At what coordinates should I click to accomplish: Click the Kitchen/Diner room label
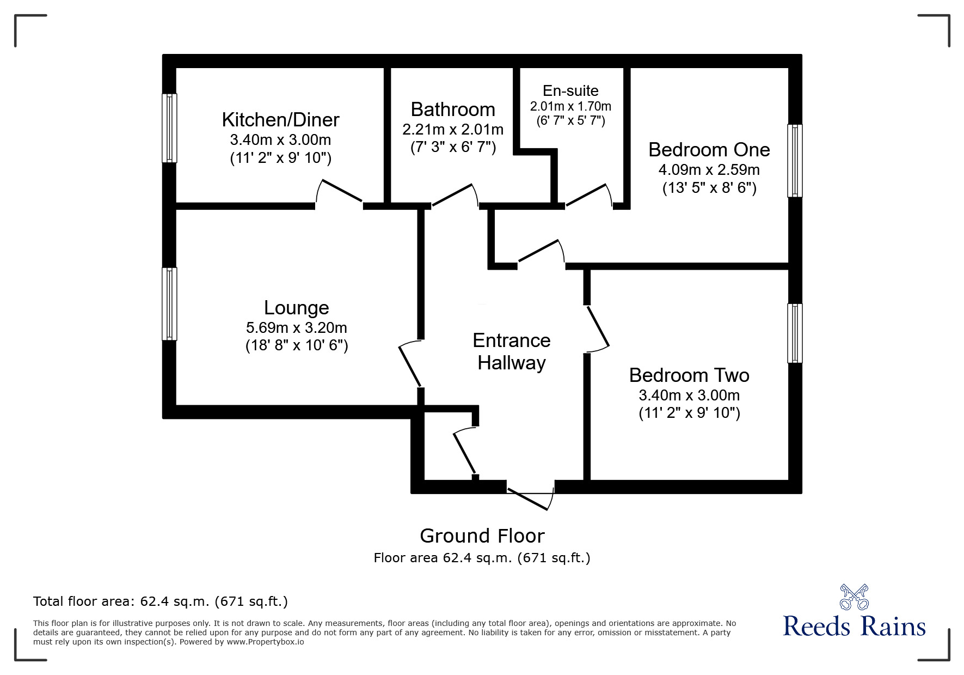click(x=280, y=120)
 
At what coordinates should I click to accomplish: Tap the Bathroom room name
click(x=453, y=110)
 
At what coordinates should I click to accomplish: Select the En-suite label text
click(x=570, y=91)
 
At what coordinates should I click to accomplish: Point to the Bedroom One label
click(x=709, y=149)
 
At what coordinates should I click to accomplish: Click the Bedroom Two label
click(x=689, y=375)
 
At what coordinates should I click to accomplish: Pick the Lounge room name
click(x=296, y=308)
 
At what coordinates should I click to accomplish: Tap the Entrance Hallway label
click(x=512, y=351)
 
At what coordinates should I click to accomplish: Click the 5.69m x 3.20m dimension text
click(x=296, y=327)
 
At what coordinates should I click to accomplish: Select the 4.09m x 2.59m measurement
click(x=709, y=169)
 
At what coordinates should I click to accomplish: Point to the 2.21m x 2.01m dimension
click(x=453, y=130)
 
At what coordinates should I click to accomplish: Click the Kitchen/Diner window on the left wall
click(x=170, y=128)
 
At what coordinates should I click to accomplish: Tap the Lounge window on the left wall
click(x=170, y=303)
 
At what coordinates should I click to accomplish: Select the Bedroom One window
click(x=795, y=160)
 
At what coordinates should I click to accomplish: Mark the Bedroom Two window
click(x=795, y=333)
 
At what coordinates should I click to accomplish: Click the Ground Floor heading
click(x=482, y=536)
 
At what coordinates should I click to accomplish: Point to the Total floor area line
click(x=161, y=601)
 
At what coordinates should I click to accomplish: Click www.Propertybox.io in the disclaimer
click(x=266, y=642)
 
